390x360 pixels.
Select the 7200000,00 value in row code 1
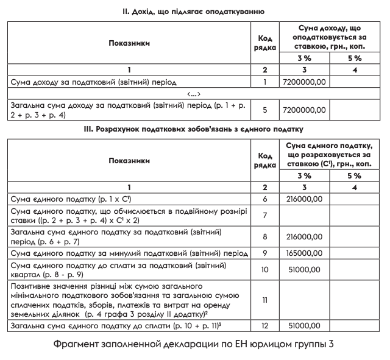tap(304, 81)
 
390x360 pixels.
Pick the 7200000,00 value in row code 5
tap(304, 110)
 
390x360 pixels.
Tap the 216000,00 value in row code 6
tap(304, 199)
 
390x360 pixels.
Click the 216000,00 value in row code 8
tap(304, 236)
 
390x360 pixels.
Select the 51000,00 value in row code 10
tap(304, 269)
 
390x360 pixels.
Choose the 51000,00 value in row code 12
tap(304, 326)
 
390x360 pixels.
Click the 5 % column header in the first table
tap(354, 58)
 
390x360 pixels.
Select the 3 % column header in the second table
tap(304, 175)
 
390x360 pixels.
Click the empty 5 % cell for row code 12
tap(354, 326)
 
